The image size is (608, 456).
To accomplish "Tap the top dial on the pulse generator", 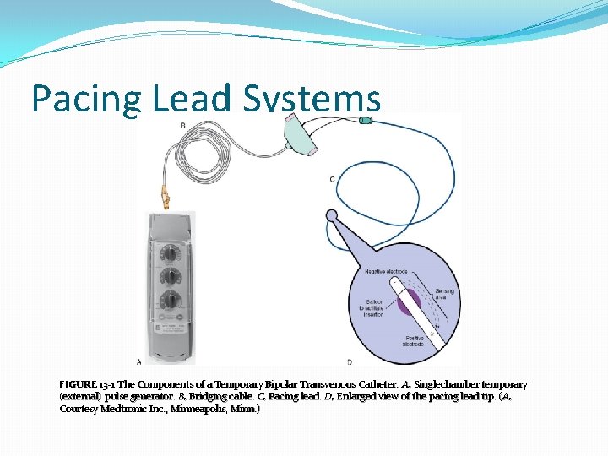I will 171,253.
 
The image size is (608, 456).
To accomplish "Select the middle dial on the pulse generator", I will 171,276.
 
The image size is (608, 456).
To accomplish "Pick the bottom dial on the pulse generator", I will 171,300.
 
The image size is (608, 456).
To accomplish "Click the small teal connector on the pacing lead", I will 365,121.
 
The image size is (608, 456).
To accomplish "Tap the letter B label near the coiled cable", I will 183,125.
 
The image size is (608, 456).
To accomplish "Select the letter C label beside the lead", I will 332,178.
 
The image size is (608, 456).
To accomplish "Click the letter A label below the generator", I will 139,362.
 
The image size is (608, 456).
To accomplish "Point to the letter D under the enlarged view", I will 349,362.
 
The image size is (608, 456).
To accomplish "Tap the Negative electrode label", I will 385,271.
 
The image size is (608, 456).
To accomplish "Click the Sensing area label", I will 445,294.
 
